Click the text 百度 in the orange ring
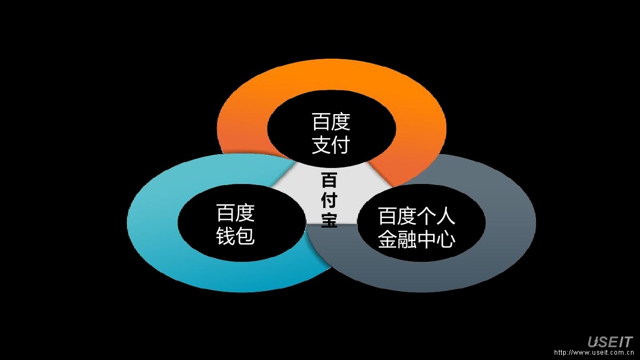tap(331, 122)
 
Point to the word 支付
tap(331, 145)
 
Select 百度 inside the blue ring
tap(235, 213)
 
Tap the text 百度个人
tap(417, 217)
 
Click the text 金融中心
tap(417, 239)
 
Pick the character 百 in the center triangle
tap(329, 180)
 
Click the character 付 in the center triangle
tap(329, 200)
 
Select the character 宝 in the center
tap(329, 220)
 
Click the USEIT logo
tap(610, 342)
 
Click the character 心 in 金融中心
tap(446, 239)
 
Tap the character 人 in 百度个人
tap(446, 217)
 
